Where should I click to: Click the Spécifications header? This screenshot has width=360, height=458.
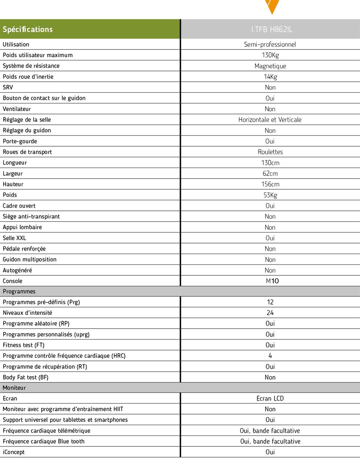(28, 29)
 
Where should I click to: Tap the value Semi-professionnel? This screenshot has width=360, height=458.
(270, 44)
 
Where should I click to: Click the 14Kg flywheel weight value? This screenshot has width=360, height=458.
(270, 77)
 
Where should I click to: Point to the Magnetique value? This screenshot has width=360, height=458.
(270, 66)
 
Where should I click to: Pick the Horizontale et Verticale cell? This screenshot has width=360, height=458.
(270, 120)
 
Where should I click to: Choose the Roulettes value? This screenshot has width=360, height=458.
(270, 152)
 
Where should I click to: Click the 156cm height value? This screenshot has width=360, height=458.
(270, 184)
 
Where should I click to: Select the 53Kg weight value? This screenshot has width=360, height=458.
(270, 195)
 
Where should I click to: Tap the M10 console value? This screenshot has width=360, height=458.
(272, 281)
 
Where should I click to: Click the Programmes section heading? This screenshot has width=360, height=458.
(19, 291)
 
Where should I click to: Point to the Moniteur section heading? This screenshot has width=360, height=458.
(14, 388)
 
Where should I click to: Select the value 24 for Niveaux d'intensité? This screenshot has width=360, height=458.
(270, 313)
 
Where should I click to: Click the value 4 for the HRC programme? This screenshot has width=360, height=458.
(270, 356)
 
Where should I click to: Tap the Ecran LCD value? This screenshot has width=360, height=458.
(270, 398)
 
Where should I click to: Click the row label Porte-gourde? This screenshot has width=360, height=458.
(20, 141)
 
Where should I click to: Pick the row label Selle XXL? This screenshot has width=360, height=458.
(15, 238)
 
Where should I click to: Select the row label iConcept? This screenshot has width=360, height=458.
(14, 452)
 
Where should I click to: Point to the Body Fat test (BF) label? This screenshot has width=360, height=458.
(25, 377)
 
